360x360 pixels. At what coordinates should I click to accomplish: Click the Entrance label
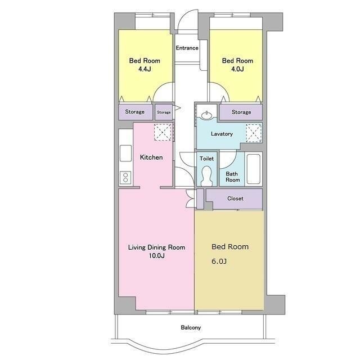[187, 48]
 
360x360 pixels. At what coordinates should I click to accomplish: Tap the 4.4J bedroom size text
[145, 69]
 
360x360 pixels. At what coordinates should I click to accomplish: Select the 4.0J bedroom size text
[237, 69]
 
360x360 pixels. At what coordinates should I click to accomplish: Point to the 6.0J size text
[219, 261]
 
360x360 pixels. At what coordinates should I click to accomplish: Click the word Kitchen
[151, 157]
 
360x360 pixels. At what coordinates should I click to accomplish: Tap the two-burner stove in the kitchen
[125, 178]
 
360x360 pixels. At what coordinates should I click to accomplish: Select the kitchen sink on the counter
[125, 153]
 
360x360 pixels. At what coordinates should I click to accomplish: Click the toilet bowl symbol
[206, 176]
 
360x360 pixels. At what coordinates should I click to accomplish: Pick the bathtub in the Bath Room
[254, 169]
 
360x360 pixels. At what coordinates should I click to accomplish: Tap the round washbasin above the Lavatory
[207, 115]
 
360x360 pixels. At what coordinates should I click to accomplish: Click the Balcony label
[191, 327]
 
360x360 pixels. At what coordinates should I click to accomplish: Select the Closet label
[235, 199]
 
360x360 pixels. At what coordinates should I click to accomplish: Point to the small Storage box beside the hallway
[164, 112]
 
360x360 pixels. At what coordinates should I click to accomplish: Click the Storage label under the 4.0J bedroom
[241, 112]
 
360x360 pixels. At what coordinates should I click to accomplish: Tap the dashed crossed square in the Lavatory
[254, 133]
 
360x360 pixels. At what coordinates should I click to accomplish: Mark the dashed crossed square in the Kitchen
[163, 132]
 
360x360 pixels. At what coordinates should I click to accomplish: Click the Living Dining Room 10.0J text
[156, 251]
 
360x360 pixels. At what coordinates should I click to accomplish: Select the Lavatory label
[222, 134]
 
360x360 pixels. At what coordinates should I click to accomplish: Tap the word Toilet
[206, 159]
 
